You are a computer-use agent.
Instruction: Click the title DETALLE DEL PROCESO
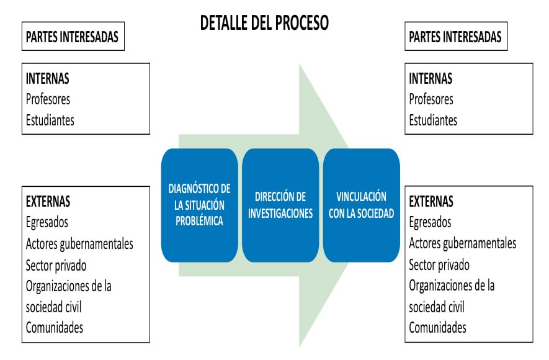[x=264, y=23]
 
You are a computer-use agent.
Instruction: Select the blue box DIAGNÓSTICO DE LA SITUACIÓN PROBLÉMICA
[x=199, y=205]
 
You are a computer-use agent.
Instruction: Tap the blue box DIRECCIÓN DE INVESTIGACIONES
[x=280, y=205]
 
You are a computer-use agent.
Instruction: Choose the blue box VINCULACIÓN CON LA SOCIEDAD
[x=361, y=205]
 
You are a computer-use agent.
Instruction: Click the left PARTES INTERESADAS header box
[x=72, y=37]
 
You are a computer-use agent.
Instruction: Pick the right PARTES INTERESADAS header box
[x=455, y=37]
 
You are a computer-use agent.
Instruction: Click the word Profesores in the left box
[x=48, y=99]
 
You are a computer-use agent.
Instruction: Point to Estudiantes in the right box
[x=432, y=120]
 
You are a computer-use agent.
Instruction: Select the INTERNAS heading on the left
[x=47, y=79]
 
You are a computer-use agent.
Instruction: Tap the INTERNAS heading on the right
[x=431, y=79]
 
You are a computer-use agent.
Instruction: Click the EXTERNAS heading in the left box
[x=48, y=201]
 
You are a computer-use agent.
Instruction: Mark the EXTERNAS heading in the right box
[x=431, y=201]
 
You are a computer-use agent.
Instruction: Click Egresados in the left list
[x=47, y=222]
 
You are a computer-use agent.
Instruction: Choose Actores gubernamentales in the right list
[x=462, y=243]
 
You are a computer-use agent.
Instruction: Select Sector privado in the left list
[x=56, y=265]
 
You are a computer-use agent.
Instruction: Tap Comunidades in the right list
[x=437, y=327]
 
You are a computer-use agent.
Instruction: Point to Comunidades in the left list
[x=55, y=327]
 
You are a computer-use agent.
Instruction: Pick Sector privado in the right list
[x=439, y=265]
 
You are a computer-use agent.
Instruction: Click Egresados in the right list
[x=430, y=222]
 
